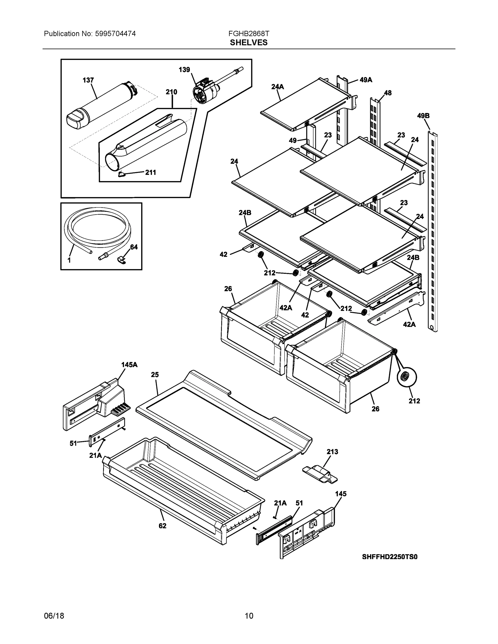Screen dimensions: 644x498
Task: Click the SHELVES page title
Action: click(249, 43)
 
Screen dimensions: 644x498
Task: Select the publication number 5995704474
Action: click(115, 34)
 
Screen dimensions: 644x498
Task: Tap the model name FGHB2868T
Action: click(249, 34)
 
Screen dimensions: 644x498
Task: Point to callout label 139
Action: click(184, 69)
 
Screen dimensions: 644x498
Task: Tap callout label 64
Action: click(134, 247)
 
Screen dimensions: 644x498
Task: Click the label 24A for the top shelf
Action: click(277, 87)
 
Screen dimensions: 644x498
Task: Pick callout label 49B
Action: click(423, 116)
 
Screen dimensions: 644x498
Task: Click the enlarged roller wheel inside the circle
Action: click(407, 378)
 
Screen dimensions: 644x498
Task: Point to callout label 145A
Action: click(129, 365)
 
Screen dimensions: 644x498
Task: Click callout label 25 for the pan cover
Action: click(155, 375)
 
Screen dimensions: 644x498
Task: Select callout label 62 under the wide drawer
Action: click(163, 526)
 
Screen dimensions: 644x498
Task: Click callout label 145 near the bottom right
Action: click(341, 494)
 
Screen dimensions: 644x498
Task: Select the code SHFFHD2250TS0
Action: click(390, 557)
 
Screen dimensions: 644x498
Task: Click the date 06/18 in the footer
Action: click(54, 616)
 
